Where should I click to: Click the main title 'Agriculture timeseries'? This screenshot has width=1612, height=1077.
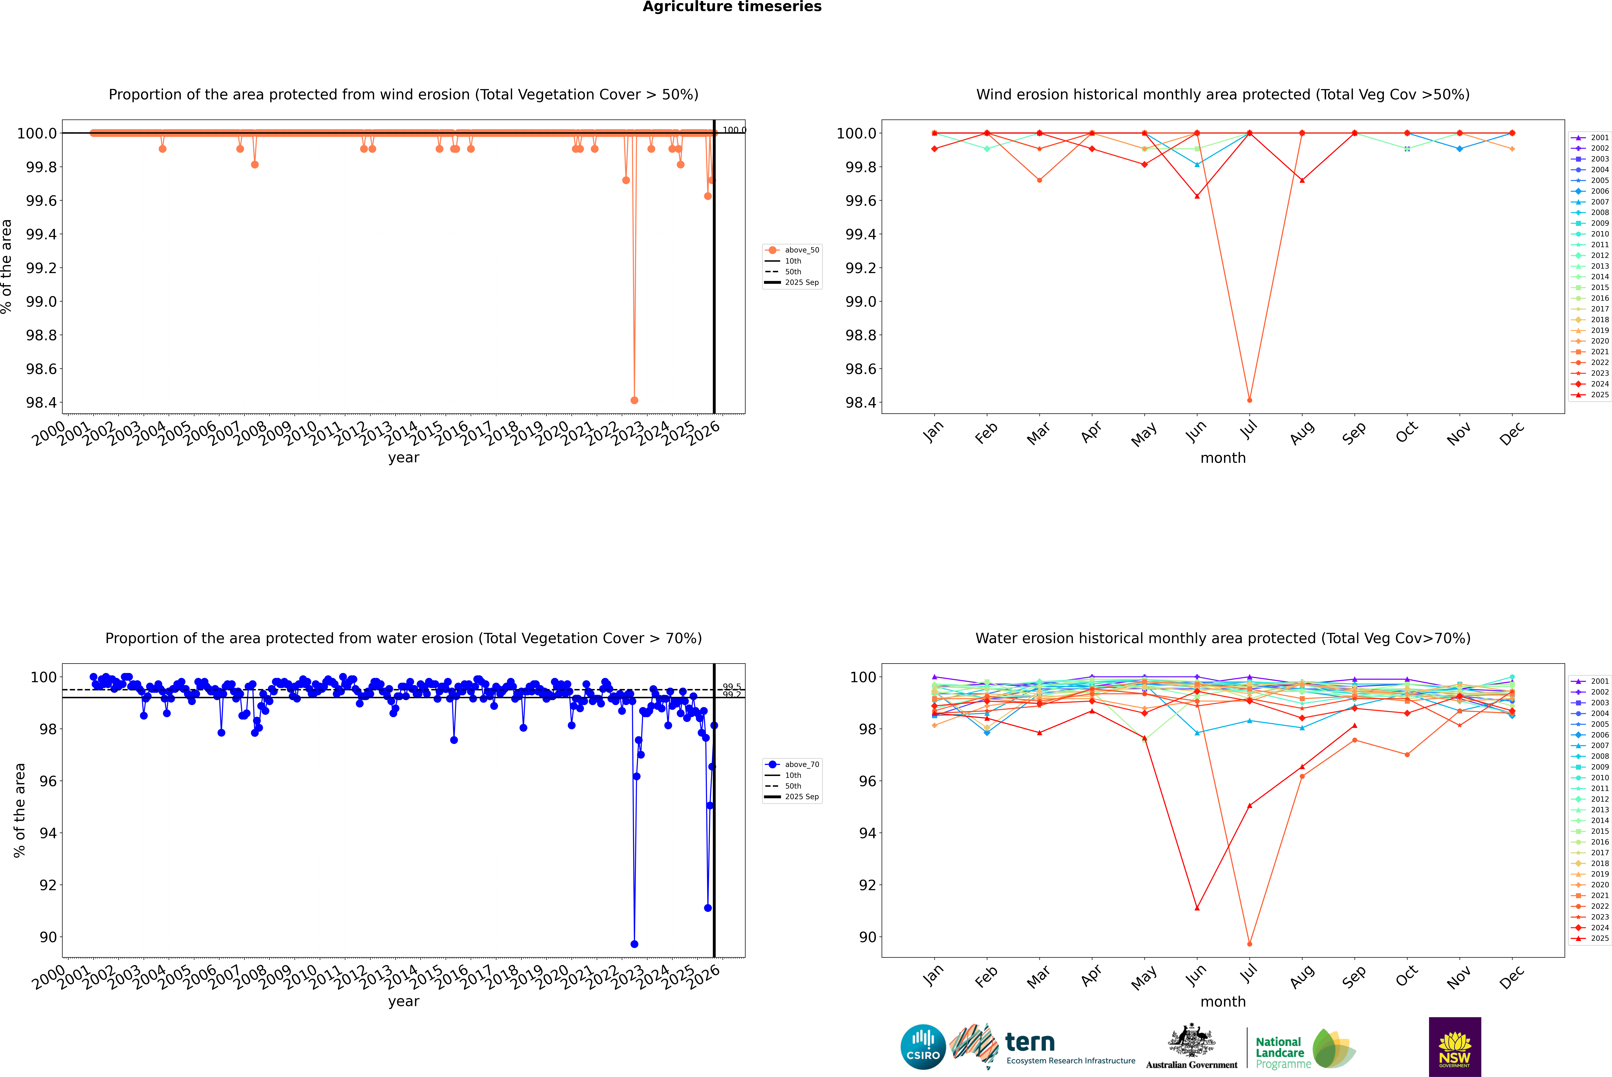(x=732, y=7)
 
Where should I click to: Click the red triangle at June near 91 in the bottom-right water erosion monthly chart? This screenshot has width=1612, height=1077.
(x=1197, y=908)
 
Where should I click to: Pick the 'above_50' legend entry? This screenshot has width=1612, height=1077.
(x=801, y=250)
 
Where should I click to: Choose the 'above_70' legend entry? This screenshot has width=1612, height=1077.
(x=801, y=765)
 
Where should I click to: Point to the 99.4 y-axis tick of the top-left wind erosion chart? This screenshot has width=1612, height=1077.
(x=41, y=234)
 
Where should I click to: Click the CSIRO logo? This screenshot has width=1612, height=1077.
(x=923, y=1047)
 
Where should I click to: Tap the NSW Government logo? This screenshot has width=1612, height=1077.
(x=1455, y=1047)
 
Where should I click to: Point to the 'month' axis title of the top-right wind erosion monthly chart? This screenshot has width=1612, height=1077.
(x=1222, y=458)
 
